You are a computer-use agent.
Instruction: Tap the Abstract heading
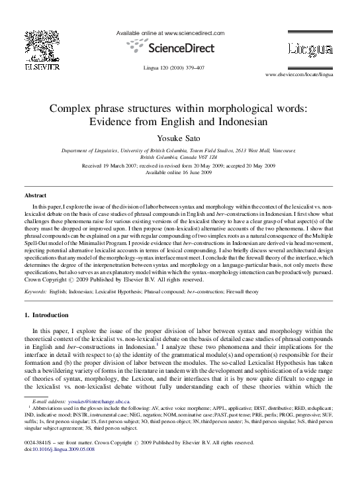point(36,197)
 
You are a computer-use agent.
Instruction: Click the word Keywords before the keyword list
point(36,291)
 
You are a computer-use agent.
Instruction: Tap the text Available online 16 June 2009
point(179,172)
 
